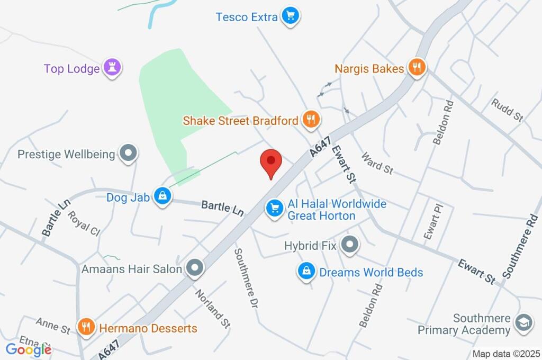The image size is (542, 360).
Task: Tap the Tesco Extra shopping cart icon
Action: tap(290, 16)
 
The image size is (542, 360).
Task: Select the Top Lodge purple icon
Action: tap(112, 68)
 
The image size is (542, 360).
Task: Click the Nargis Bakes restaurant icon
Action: tap(418, 68)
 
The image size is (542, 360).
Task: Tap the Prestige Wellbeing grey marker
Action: tap(128, 154)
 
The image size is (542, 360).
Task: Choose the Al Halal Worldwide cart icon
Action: tap(274, 208)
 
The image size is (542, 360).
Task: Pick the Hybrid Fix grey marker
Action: tap(349, 245)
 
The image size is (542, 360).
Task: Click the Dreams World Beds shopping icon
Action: tap(305, 272)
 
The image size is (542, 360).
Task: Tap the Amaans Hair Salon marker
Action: tap(195, 268)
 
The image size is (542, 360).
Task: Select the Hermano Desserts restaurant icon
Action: tap(86, 327)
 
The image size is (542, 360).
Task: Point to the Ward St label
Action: tap(377, 164)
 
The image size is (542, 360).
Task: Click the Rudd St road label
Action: tap(507, 110)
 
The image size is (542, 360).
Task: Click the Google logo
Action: tap(29, 349)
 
